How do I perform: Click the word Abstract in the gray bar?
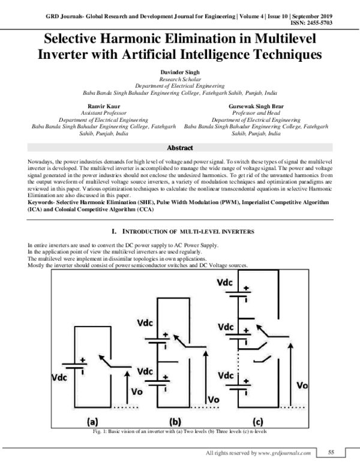[180, 148]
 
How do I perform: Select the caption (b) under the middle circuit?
[175, 422]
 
